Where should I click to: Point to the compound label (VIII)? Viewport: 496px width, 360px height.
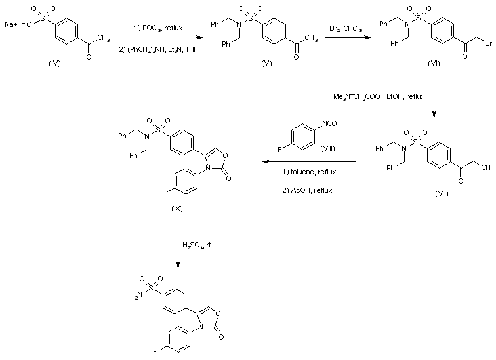point(327,151)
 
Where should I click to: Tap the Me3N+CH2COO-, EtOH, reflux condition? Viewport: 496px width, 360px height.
point(379,96)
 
